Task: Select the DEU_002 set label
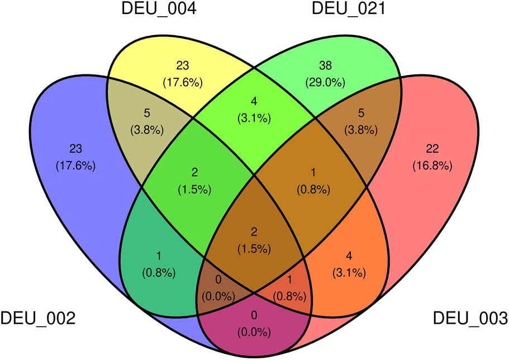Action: [37, 318]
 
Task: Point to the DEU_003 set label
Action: [470, 318]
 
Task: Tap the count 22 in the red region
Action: [432, 149]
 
